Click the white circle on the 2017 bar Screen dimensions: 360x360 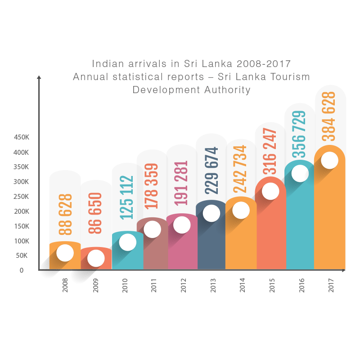pyautogui.click(x=330, y=160)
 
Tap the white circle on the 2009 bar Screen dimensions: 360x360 pyautogui.click(x=96, y=258)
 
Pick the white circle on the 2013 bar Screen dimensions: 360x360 pyautogui.click(x=211, y=213)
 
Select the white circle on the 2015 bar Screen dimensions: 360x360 pyautogui.click(x=270, y=192)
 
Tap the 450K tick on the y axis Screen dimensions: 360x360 pyautogui.click(x=21, y=137)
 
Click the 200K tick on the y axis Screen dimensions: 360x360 pyautogui.click(x=21, y=211)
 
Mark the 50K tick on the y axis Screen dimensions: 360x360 pyautogui.click(x=23, y=256)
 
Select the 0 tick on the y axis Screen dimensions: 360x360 pyautogui.click(x=21, y=270)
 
